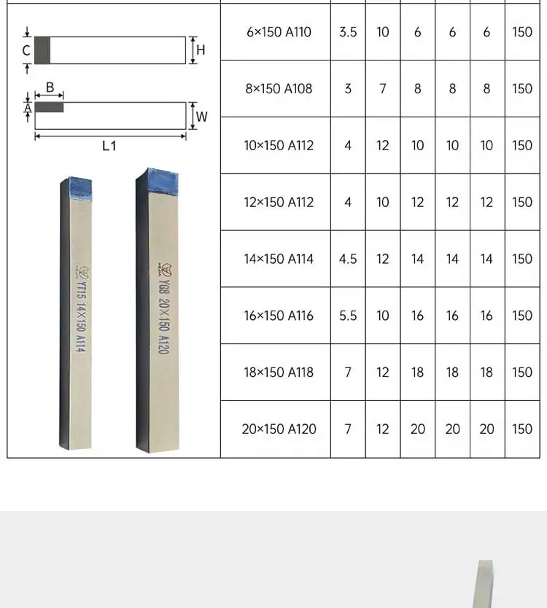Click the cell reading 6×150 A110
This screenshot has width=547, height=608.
tap(279, 32)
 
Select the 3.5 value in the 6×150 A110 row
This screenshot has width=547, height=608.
tap(348, 32)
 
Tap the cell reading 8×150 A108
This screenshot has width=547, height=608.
tap(279, 89)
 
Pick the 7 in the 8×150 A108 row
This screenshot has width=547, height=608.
tap(382, 89)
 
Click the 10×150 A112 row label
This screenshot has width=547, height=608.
tap(279, 145)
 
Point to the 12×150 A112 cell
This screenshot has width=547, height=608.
tap(279, 202)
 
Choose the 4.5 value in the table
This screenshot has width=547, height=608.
tap(348, 259)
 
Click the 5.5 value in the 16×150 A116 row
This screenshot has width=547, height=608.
tap(348, 316)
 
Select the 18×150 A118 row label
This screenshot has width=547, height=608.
tap(279, 373)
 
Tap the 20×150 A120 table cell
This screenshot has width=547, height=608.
tap(279, 429)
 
